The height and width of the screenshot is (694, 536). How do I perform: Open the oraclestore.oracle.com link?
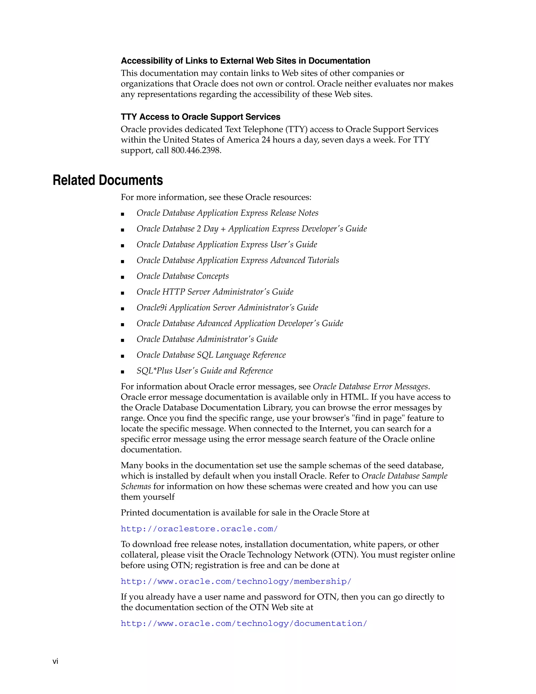coord(199,529)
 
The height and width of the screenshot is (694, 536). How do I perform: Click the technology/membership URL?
coord(236,581)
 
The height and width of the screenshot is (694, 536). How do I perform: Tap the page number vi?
coord(55,661)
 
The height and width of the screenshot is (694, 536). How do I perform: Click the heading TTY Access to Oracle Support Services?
coord(200,117)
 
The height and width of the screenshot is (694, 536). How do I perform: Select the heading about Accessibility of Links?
coord(245,61)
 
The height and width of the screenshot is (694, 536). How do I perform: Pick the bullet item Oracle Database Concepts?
coord(183,276)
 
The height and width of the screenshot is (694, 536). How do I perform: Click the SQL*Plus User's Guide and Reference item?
coord(204,371)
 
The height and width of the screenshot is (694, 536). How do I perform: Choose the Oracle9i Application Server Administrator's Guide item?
coord(227,308)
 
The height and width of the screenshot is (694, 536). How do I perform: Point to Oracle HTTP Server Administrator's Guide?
coord(215,292)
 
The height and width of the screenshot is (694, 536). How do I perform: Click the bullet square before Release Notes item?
coord(122,214)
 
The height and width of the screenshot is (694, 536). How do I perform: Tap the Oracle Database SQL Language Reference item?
coord(211,355)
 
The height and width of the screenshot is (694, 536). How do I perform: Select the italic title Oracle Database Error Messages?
coord(370,386)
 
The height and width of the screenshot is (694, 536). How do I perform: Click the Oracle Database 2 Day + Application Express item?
coord(252,229)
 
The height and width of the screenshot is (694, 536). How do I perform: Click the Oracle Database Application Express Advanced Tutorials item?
coord(238,260)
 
